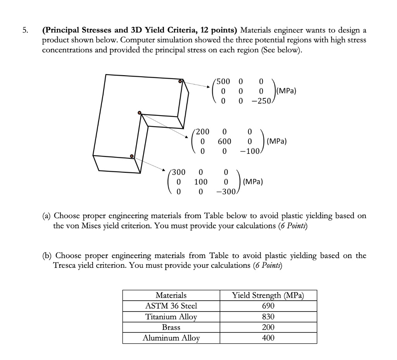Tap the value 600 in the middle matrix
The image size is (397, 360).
tap(224, 141)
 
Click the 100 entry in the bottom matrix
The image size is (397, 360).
tap(200, 182)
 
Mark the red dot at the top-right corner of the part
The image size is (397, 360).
tap(180, 81)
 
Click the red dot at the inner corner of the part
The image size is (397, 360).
tap(140, 113)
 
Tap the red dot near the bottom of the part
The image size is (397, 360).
tap(132, 156)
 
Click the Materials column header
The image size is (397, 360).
tap(171, 295)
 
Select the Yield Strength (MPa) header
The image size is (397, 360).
tap(268, 295)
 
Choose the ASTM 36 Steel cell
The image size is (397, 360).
tap(171, 306)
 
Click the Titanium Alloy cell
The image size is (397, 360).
tap(171, 317)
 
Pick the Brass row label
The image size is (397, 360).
tap(171, 327)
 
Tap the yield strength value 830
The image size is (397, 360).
tap(268, 317)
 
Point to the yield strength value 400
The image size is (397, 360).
tap(268, 338)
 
